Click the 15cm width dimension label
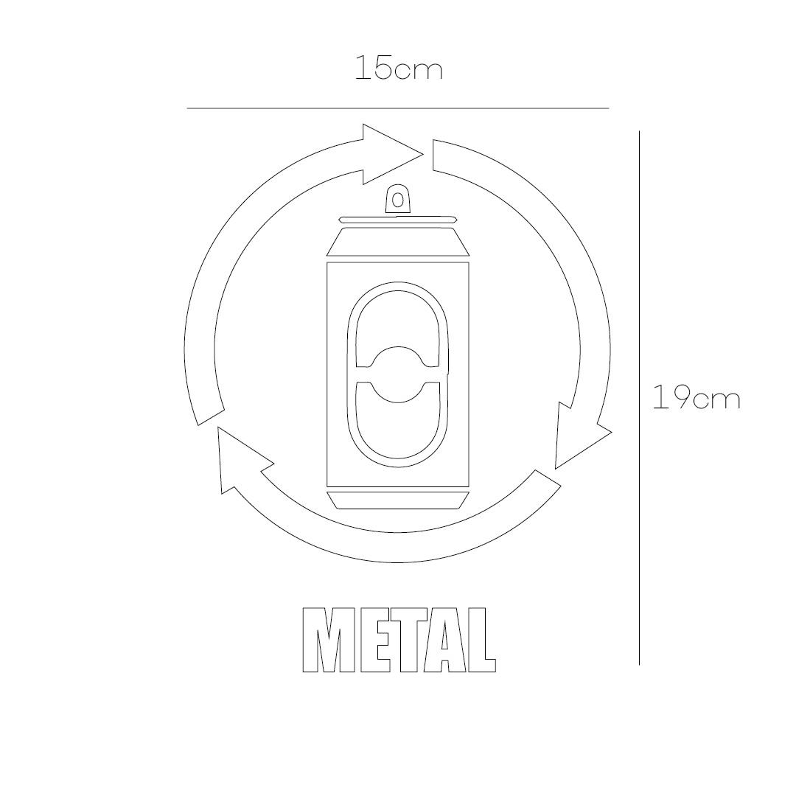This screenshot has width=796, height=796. (398, 69)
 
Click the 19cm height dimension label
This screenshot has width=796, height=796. (696, 398)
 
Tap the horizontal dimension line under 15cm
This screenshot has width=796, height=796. (398, 108)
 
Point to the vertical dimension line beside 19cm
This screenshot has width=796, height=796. (639, 398)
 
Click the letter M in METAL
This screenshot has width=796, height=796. (324, 640)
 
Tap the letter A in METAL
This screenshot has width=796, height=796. (444, 640)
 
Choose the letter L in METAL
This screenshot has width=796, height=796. (480, 640)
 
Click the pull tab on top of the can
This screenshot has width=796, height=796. (398, 199)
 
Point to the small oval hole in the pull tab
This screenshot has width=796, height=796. (398, 199)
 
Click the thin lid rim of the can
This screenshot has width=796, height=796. (398, 220)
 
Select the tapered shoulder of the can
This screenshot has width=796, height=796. (398, 242)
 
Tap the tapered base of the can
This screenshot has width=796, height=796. (398, 500)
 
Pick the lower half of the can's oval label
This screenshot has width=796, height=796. (398, 431)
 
